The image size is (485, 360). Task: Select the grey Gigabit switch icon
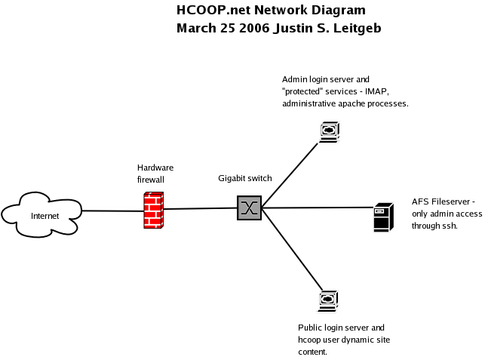click(249, 207)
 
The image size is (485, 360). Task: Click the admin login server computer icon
click(328, 132)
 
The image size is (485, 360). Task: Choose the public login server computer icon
click(327, 301)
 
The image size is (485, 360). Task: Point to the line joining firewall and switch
click(201, 208)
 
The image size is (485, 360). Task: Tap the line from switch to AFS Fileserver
click(317, 208)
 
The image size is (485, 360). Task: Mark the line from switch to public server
click(290, 252)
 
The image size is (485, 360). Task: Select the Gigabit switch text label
click(245, 179)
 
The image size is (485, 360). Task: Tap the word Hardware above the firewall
click(154, 168)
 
